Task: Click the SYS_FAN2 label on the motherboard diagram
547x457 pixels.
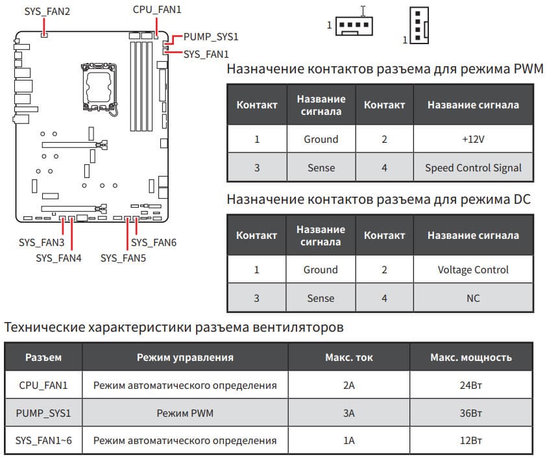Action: [x=47, y=12]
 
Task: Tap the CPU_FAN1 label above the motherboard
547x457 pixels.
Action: [x=157, y=10]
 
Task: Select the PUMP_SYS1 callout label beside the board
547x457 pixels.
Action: [x=211, y=37]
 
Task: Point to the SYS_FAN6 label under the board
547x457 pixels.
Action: [x=154, y=242]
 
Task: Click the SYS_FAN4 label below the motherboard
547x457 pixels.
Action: [x=58, y=258]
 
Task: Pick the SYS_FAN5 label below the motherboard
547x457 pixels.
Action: [x=123, y=258]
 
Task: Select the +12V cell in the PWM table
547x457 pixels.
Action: [x=472, y=139]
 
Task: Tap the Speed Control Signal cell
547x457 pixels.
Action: [x=473, y=167]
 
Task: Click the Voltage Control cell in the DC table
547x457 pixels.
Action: [x=473, y=269]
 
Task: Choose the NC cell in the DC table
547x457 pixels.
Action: [x=473, y=298]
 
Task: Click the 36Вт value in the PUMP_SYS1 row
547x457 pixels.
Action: [x=470, y=413]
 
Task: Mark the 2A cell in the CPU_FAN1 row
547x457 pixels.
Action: [x=348, y=385]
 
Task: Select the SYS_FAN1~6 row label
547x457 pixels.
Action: [x=43, y=441]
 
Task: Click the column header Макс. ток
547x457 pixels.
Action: [x=348, y=357]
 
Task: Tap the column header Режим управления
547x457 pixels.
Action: [x=185, y=357]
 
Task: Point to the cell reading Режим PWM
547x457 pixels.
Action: [x=185, y=413]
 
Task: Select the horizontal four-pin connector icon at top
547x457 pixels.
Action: [x=354, y=25]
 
